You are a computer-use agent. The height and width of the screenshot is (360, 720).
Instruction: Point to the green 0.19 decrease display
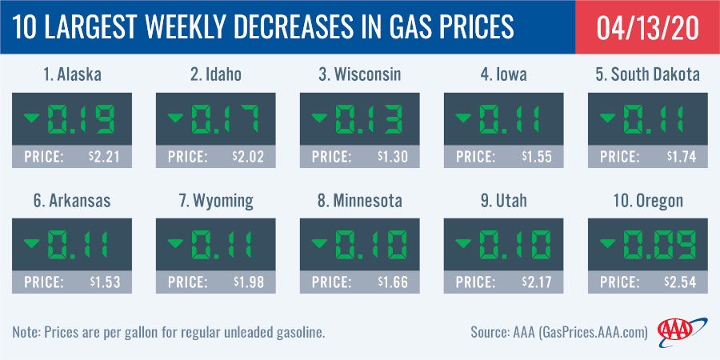coord(84,121)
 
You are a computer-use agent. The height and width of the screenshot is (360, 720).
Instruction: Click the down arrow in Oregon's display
coord(606,244)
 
